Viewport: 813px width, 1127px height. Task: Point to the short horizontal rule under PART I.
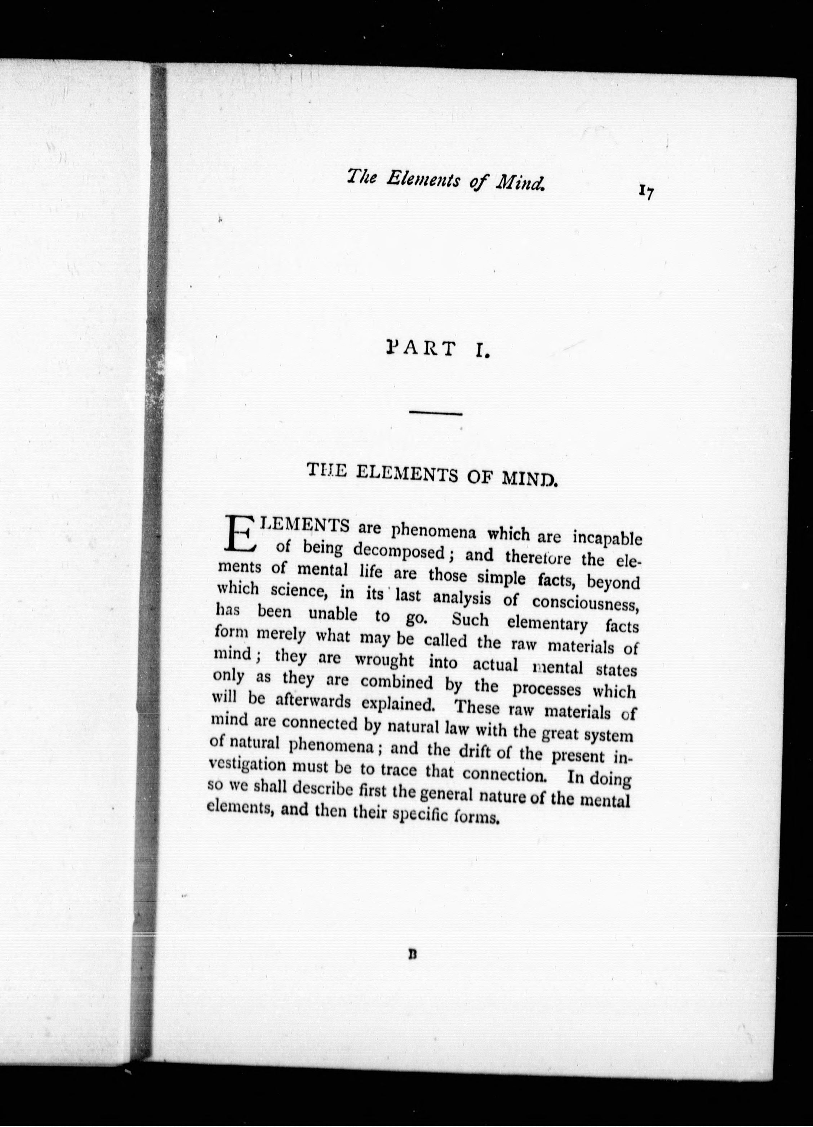tap(435, 413)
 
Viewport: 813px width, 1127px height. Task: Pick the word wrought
tap(384, 660)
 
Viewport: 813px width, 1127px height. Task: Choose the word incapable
tap(607, 539)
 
